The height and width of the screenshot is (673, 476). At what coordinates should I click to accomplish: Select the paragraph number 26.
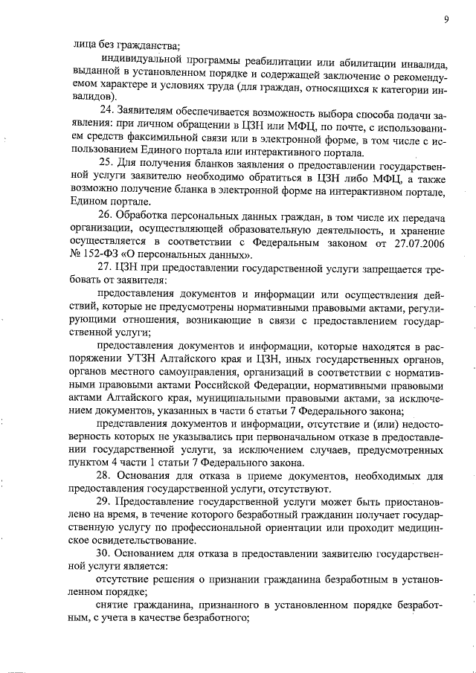pos(106,216)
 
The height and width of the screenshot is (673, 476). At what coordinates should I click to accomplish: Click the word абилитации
pos(324,59)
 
